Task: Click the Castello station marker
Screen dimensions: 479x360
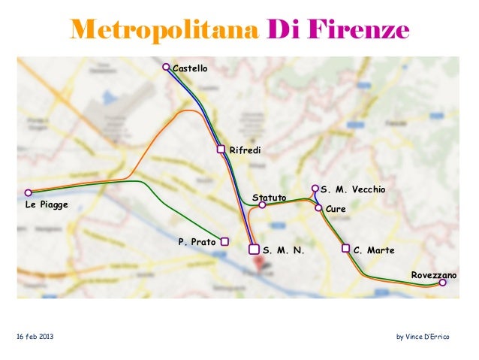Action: coord(166,67)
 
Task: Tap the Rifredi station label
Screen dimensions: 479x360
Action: coord(246,151)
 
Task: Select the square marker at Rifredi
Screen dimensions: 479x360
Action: coord(221,150)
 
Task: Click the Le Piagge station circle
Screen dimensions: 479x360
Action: coord(28,192)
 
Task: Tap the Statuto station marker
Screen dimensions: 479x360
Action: coord(262,204)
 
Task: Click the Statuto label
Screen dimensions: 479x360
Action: coord(269,197)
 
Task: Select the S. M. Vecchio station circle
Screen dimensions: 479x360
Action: coord(315,189)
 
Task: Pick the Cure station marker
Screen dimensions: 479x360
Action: coord(318,207)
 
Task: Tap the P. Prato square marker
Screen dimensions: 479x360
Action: coord(224,241)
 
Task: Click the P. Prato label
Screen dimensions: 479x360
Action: coord(197,242)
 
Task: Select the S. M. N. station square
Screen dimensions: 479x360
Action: coord(253,250)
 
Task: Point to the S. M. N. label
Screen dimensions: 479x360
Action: coord(284,250)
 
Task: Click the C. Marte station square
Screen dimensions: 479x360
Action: coord(345,248)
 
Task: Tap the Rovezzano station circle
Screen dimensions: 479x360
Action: coord(443,283)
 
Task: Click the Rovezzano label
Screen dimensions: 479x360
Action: coord(433,275)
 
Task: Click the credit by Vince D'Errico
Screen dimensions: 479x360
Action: coord(423,336)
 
